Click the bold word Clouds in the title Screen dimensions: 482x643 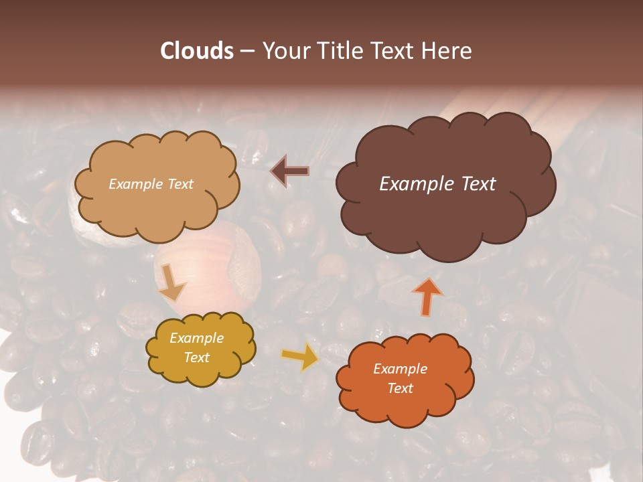pyautogui.click(x=196, y=51)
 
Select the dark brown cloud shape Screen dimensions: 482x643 pyautogui.click(x=445, y=208)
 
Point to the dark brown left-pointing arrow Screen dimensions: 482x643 pyautogui.click(x=290, y=171)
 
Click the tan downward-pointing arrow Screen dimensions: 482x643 pyautogui.click(x=172, y=283)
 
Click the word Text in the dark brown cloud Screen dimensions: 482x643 pyautogui.click(x=478, y=184)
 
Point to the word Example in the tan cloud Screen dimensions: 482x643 pyautogui.click(x=135, y=184)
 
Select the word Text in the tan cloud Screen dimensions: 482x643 pyautogui.click(x=180, y=184)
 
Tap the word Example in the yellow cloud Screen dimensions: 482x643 pyautogui.click(x=196, y=339)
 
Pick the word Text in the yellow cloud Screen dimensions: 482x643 pyautogui.click(x=196, y=358)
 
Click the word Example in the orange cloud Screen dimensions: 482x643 pyautogui.click(x=400, y=369)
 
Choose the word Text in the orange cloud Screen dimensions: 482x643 pyautogui.click(x=400, y=388)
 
